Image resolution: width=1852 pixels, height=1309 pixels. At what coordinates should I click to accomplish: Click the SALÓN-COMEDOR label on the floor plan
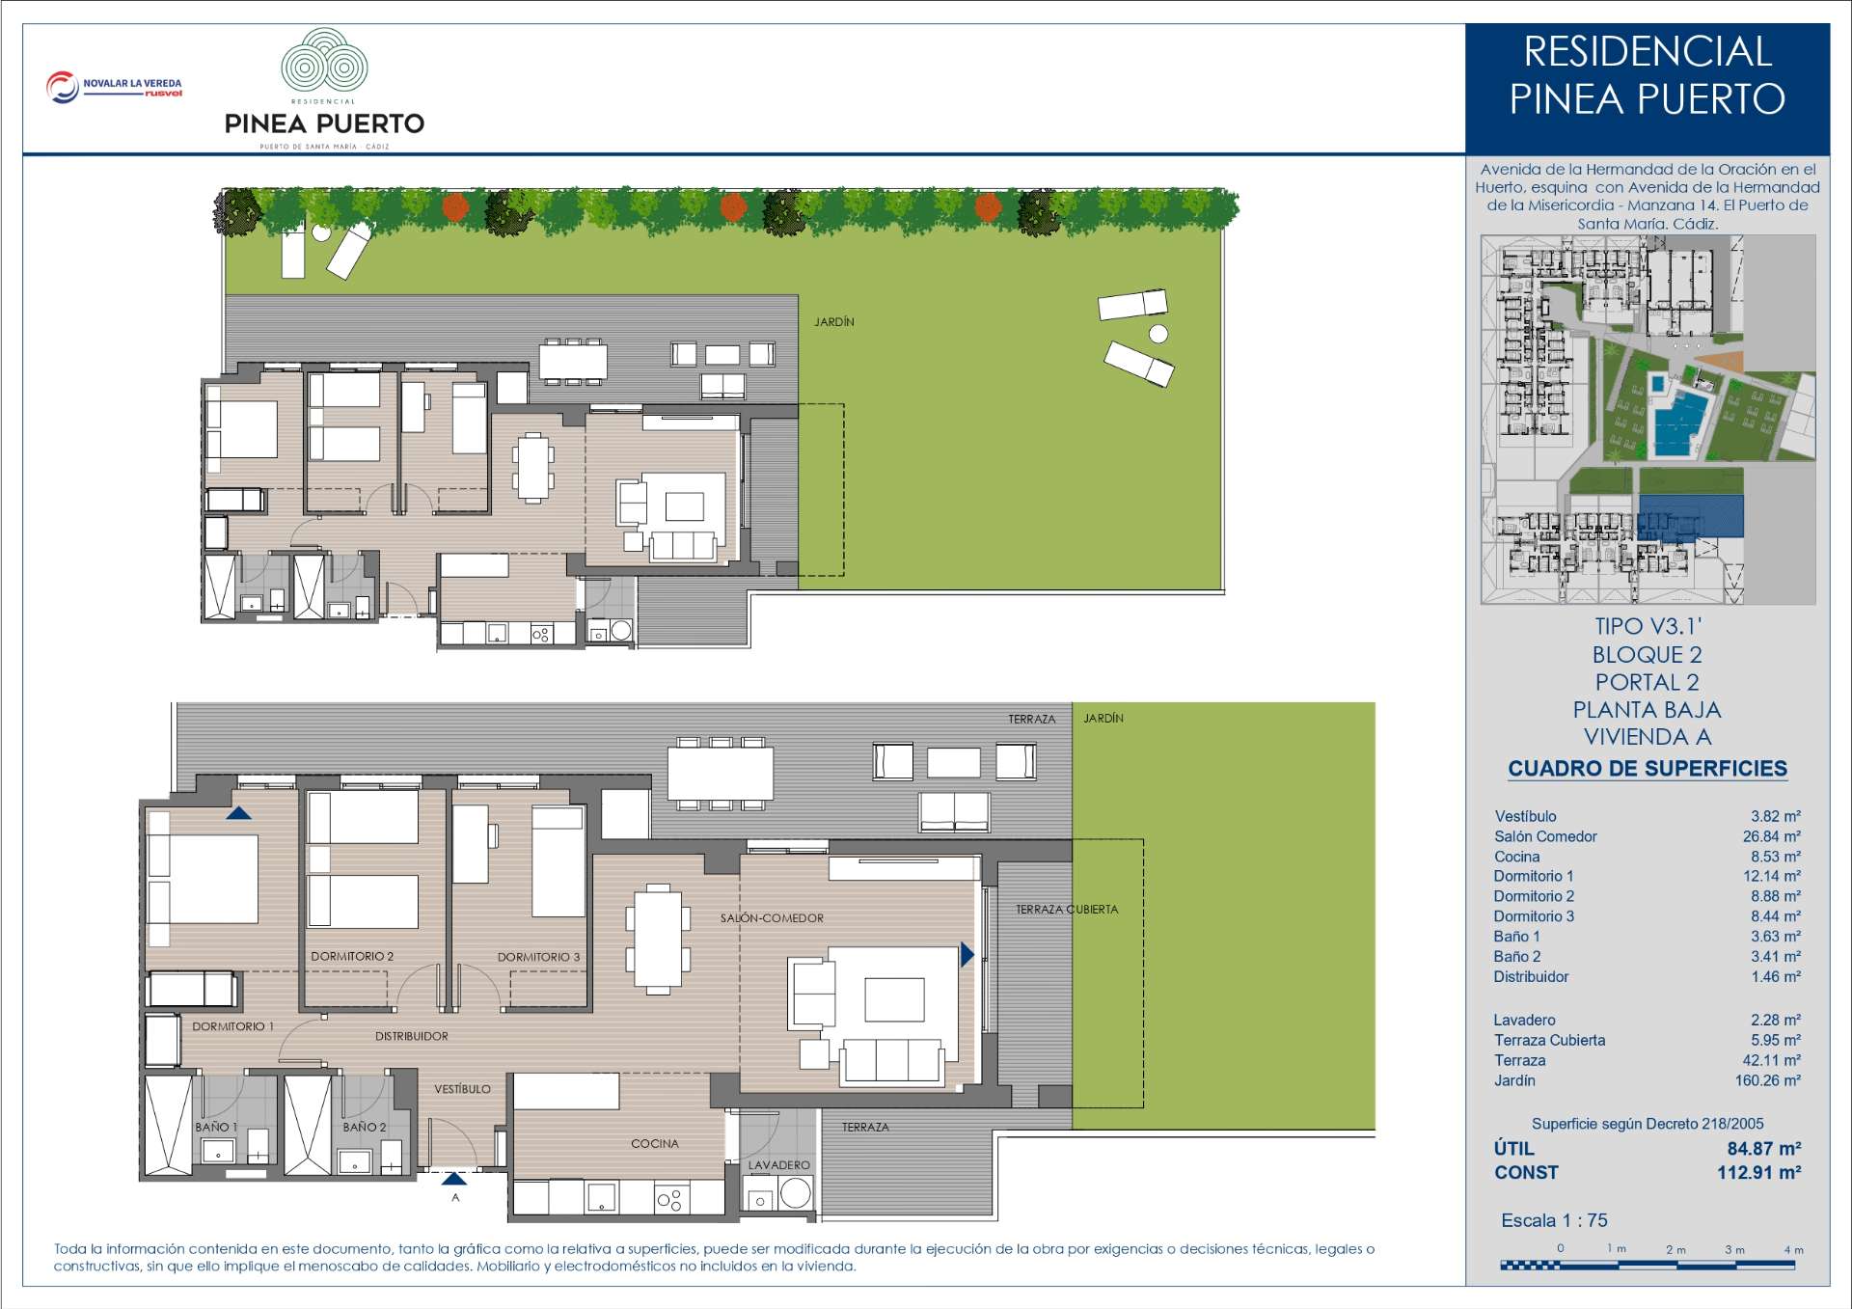(772, 918)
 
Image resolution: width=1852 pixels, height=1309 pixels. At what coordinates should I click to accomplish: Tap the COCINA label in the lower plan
(655, 1143)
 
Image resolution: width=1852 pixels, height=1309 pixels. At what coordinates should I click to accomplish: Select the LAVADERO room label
(779, 1164)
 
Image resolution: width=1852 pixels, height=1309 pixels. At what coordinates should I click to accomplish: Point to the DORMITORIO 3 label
(538, 957)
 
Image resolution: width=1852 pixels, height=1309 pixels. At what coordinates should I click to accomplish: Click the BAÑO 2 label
(365, 1127)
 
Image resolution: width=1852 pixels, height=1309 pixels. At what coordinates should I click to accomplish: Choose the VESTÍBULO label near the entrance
(462, 1089)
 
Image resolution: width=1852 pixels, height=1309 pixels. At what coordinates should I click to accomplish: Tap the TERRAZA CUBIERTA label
(1067, 910)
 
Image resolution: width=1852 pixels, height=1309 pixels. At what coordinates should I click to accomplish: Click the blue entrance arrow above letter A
(453, 1178)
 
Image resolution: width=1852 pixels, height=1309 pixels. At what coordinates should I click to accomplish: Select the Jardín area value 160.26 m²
(1767, 1080)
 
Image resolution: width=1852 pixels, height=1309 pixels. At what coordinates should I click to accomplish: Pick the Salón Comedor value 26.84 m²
(1771, 836)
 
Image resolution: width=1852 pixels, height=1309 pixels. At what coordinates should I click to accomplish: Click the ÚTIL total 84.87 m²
(1763, 1148)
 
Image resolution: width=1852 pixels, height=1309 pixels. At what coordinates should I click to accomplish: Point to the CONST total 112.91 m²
(1758, 1172)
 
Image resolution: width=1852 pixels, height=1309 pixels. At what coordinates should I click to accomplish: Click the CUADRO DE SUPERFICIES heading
(1648, 769)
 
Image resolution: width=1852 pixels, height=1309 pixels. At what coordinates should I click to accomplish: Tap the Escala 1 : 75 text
(1554, 1220)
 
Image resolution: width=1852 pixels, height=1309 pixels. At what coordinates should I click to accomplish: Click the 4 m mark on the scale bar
(1793, 1249)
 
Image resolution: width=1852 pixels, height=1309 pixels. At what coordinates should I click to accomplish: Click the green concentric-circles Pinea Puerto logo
(324, 61)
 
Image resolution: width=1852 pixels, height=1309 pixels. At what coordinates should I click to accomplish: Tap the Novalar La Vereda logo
(114, 87)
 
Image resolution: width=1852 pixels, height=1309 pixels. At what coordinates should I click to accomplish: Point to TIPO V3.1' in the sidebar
(1648, 626)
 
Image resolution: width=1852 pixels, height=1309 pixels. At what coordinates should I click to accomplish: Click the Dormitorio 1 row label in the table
(1534, 876)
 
